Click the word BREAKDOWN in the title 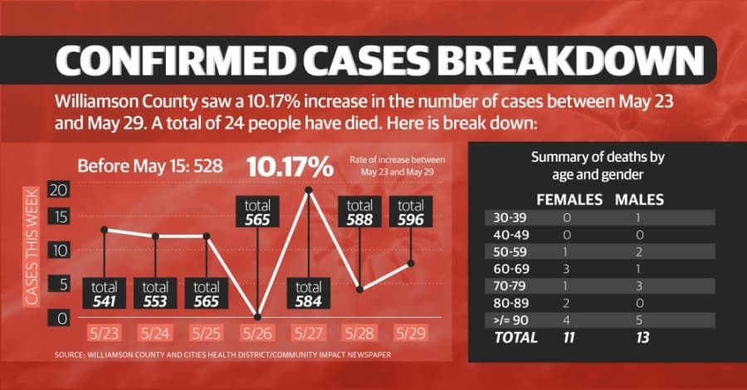[x=571, y=61]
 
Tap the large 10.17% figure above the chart [x=290, y=167]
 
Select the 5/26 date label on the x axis [x=257, y=333]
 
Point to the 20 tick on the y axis [x=59, y=190]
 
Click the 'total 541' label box [x=105, y=294]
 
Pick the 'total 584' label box [x=308, y=294]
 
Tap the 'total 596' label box [x=411, y=212]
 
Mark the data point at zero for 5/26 [x=258, y=317]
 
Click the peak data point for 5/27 [x=309, y=190]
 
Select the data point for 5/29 [x=411, y=263]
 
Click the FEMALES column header [x=569, y=199]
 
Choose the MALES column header [x=639, y=199]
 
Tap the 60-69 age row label [x=511, y=269]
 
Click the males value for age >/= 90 [x=639, y=320]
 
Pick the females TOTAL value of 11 [x=569, y=338]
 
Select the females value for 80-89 [x=566, y=304]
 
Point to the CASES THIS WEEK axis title [x=32, y=246]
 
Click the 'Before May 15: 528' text [x=150, y=166]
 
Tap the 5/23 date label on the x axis [x=104, y=333]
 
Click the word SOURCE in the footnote [x=69, y=355]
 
